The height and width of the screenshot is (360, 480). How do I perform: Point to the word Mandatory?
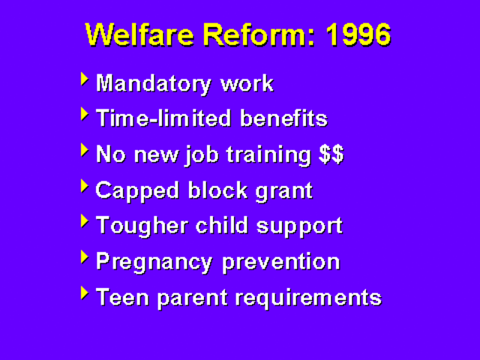pyautogui.click(x=154, y=83)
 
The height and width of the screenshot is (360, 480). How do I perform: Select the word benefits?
pyautogui.click(x=283, y=119)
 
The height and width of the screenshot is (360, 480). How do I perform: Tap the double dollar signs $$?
pyautogui.click(x=331, y=154)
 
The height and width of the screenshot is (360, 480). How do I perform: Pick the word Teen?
pyautogui.click(x=120, y=297)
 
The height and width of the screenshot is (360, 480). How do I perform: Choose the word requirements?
pyautogui.click(x=308, y=298)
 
